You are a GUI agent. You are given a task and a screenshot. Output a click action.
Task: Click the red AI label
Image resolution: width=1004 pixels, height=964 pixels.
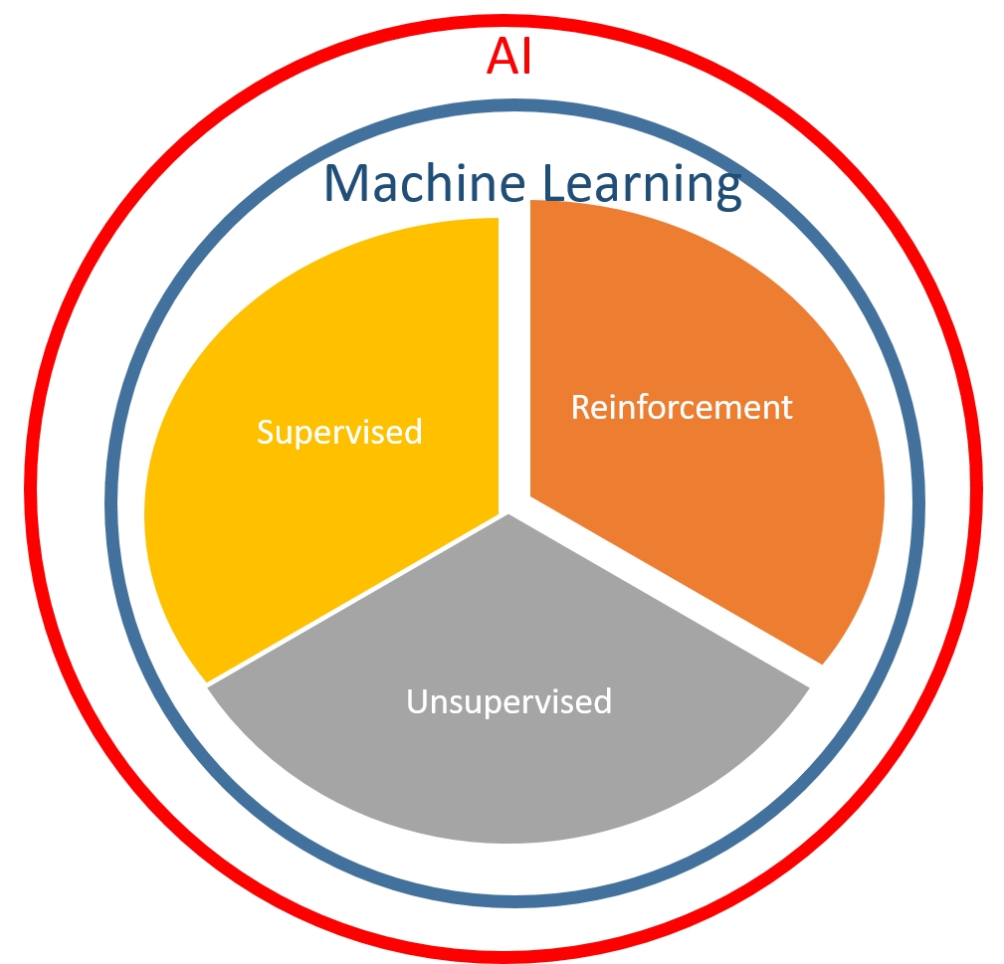pyautogui.click(x=509, y=57)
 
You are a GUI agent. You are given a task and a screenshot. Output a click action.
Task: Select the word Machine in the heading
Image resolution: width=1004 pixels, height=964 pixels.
pyautogui.click(x=425, y=183)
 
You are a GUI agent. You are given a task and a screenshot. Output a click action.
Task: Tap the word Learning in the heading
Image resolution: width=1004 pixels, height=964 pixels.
pyautogui.click(x=642, y=187)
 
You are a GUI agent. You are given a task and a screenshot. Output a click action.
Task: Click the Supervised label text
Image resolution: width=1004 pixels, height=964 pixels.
pyautogui.click(x=339, y=432)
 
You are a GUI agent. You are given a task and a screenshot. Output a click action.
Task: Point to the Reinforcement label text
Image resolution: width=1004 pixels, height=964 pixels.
pyautogui.click(x=682, y=407)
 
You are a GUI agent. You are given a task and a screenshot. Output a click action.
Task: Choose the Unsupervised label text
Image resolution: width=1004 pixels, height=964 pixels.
pyautogui.click(x=509, y=701)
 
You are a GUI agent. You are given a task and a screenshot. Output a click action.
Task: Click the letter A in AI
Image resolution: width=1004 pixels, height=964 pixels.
pyautogui.click(x=501, y=57)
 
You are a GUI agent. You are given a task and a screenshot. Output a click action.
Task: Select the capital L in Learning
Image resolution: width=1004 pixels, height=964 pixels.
pyautogui.click(x=555, y=184)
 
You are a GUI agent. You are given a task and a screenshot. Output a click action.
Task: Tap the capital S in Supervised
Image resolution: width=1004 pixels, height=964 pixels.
pyautogui.click(x=266, y=432)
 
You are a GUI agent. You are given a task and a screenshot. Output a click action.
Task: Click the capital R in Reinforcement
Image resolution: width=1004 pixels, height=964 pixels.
pyautogui.click(x=581, y=408)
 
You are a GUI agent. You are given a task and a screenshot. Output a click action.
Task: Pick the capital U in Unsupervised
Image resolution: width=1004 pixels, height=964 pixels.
pyautogui.click(x=418, y=701)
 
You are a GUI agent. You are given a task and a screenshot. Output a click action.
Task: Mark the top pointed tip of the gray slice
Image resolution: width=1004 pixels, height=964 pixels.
pyautogui.click(x=508, y=514)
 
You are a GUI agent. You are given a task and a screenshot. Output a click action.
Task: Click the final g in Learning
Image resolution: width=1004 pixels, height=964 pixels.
pyautogui.click(x=729, y=192)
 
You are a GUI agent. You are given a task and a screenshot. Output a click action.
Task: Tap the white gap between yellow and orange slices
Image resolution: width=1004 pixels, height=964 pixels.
pyautogui.click(x=514, y=358)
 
